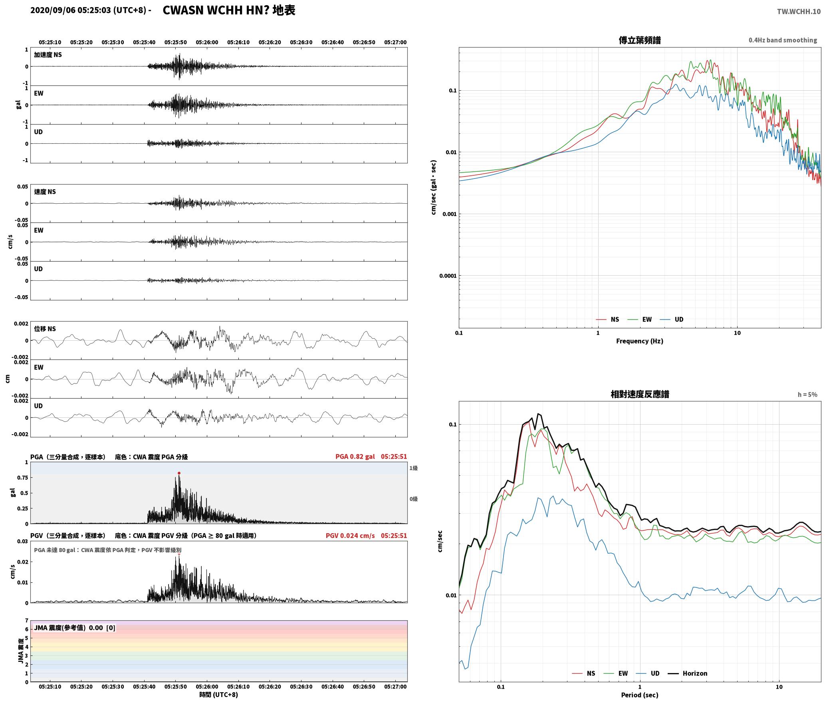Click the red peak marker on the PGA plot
[x=179, y=473]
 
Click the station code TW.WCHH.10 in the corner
[x=799, y=12]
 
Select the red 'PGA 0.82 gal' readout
[x=355, y=457]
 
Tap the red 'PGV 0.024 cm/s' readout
[x=350, y=536]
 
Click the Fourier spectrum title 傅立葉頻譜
[x=639, y=40]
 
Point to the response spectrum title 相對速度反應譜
[x=640, y=394]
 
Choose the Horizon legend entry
[x=688, y=673]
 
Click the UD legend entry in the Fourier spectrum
[x=672, y=320]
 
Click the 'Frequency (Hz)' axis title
[x=639, y=341]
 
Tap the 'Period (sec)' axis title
[x=639, y=695]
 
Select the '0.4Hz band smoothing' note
[x=783, y=40]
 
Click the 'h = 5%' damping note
[x=807, y=395]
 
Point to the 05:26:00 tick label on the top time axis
[x=207, y=42]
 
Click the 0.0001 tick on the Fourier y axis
[x=448, y=276]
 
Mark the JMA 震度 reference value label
[x=75, y=628]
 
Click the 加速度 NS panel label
[x=48, y=55]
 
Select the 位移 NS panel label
[x=45, y=329]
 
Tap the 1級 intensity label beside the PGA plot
[x=413, y=468]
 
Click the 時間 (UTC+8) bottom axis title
[x=218, y=695]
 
